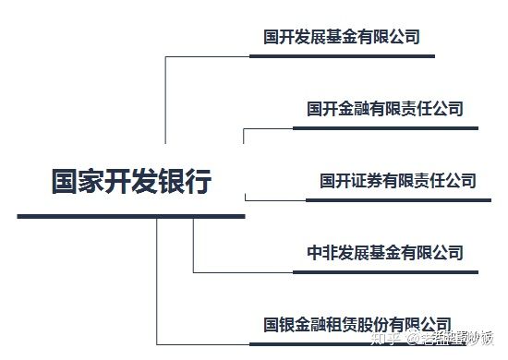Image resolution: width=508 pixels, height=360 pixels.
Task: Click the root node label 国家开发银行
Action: pyautogui.click(x=131, y=181)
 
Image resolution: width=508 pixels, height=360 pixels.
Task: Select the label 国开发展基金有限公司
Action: pyautogui.click(x=342, y=37)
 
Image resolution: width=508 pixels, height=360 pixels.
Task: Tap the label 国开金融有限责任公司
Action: pyautogui.click(x=385, y=109)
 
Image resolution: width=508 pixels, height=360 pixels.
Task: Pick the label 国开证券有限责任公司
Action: pyautogui.click(x=398, y=180)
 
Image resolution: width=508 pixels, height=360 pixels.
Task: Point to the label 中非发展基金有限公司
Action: pyautogui.click(x=385, y=252)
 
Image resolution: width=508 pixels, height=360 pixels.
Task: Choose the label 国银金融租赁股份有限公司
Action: pyautogui.click(x=357, y=324)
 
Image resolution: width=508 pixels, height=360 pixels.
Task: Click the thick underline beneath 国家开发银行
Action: pyautogui.click(x=131, y=216)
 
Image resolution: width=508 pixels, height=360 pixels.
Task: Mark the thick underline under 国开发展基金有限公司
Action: pyautogui.click(x=342, y=56)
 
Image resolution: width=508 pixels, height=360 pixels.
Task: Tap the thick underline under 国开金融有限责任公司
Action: pyautogui.click(x=385, y=128)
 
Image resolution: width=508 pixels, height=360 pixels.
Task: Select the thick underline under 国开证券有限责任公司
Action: pyautogui.click(x=398, y=199)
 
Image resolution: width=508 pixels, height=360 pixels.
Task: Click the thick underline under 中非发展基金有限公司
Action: pyautogui.click(x=385, y=272)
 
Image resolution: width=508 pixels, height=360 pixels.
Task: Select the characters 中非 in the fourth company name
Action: pyautogui.click(x=322, y=252)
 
